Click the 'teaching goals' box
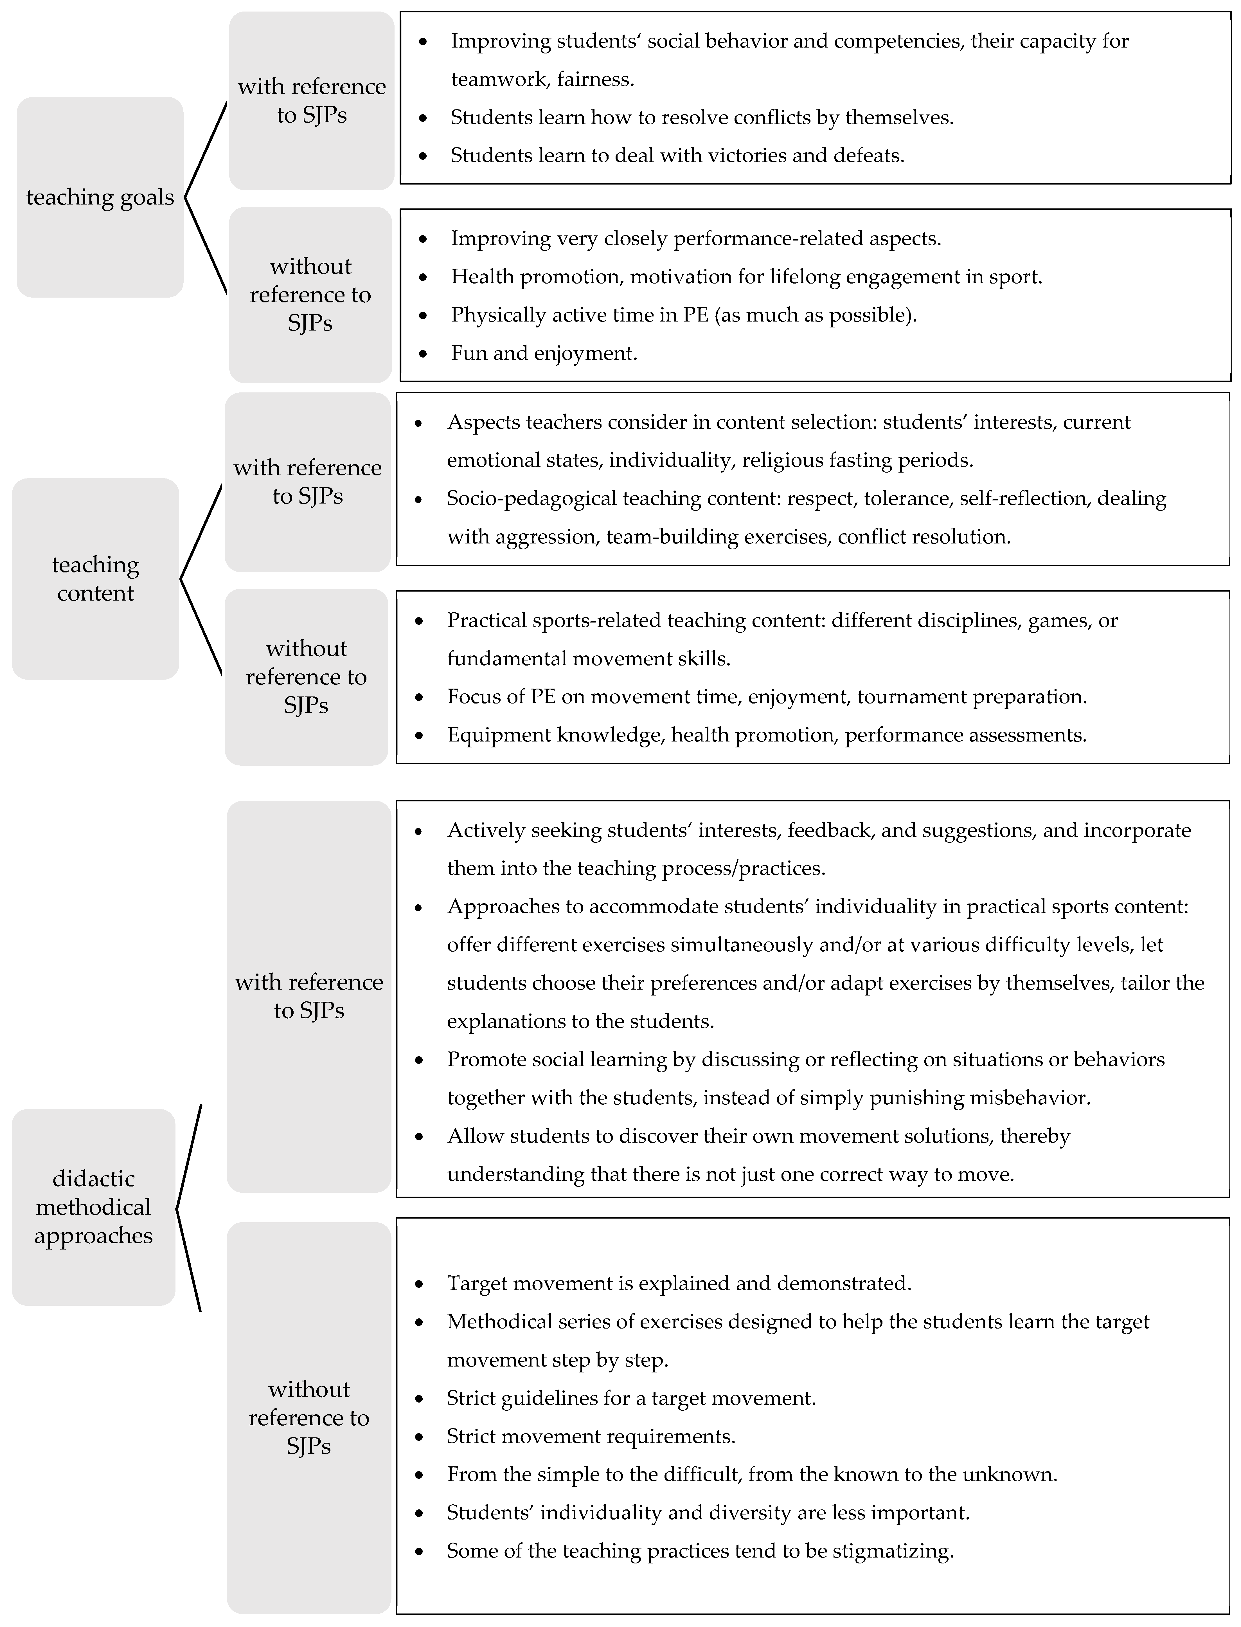(100, 197)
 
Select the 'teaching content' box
(95, 579)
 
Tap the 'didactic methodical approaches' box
(93, 1206)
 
